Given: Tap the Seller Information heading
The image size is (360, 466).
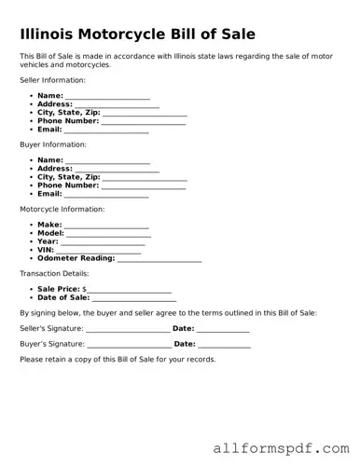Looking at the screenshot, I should point(52,80).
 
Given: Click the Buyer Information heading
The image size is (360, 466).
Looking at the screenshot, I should point(52,144).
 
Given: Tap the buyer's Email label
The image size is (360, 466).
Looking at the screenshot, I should point(49,194).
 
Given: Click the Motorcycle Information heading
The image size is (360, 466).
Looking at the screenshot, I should point(62,209).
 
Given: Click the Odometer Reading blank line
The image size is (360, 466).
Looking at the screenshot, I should point(159,259).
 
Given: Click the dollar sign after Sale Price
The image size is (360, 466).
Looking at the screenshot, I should point(85,290).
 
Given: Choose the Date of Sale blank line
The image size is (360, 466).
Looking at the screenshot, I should point(134,299).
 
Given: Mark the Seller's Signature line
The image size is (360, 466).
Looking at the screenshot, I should point(127,329).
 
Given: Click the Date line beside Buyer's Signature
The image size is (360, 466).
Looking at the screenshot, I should point(225,345).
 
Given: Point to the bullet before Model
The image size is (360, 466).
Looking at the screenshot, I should point(32,233).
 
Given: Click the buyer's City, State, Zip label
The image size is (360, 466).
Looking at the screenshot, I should point(68,177).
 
